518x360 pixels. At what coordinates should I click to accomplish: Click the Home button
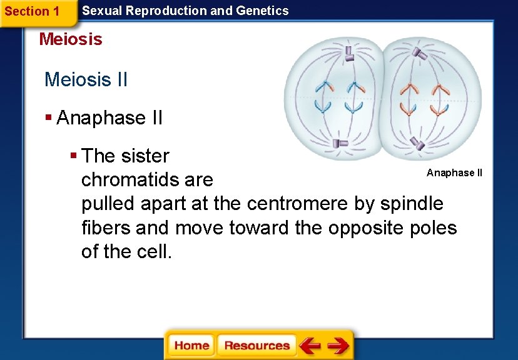point(191,346)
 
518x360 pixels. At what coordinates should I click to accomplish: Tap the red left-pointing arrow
point(310,346)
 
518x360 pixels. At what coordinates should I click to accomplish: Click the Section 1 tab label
point(32,11)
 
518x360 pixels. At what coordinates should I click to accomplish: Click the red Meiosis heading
point(71,39)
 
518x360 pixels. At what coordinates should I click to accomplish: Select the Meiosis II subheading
point(86,80)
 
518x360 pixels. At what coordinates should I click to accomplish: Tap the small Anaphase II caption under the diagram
point(454,172)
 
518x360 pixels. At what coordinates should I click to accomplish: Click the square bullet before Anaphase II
point(48,117)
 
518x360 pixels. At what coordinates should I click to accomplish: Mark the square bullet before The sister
point(73,154)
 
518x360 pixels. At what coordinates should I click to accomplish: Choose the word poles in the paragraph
point(432,227)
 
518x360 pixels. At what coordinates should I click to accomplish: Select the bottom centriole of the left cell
point(340,144)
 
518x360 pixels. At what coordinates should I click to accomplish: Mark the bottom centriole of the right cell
point(418,146)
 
